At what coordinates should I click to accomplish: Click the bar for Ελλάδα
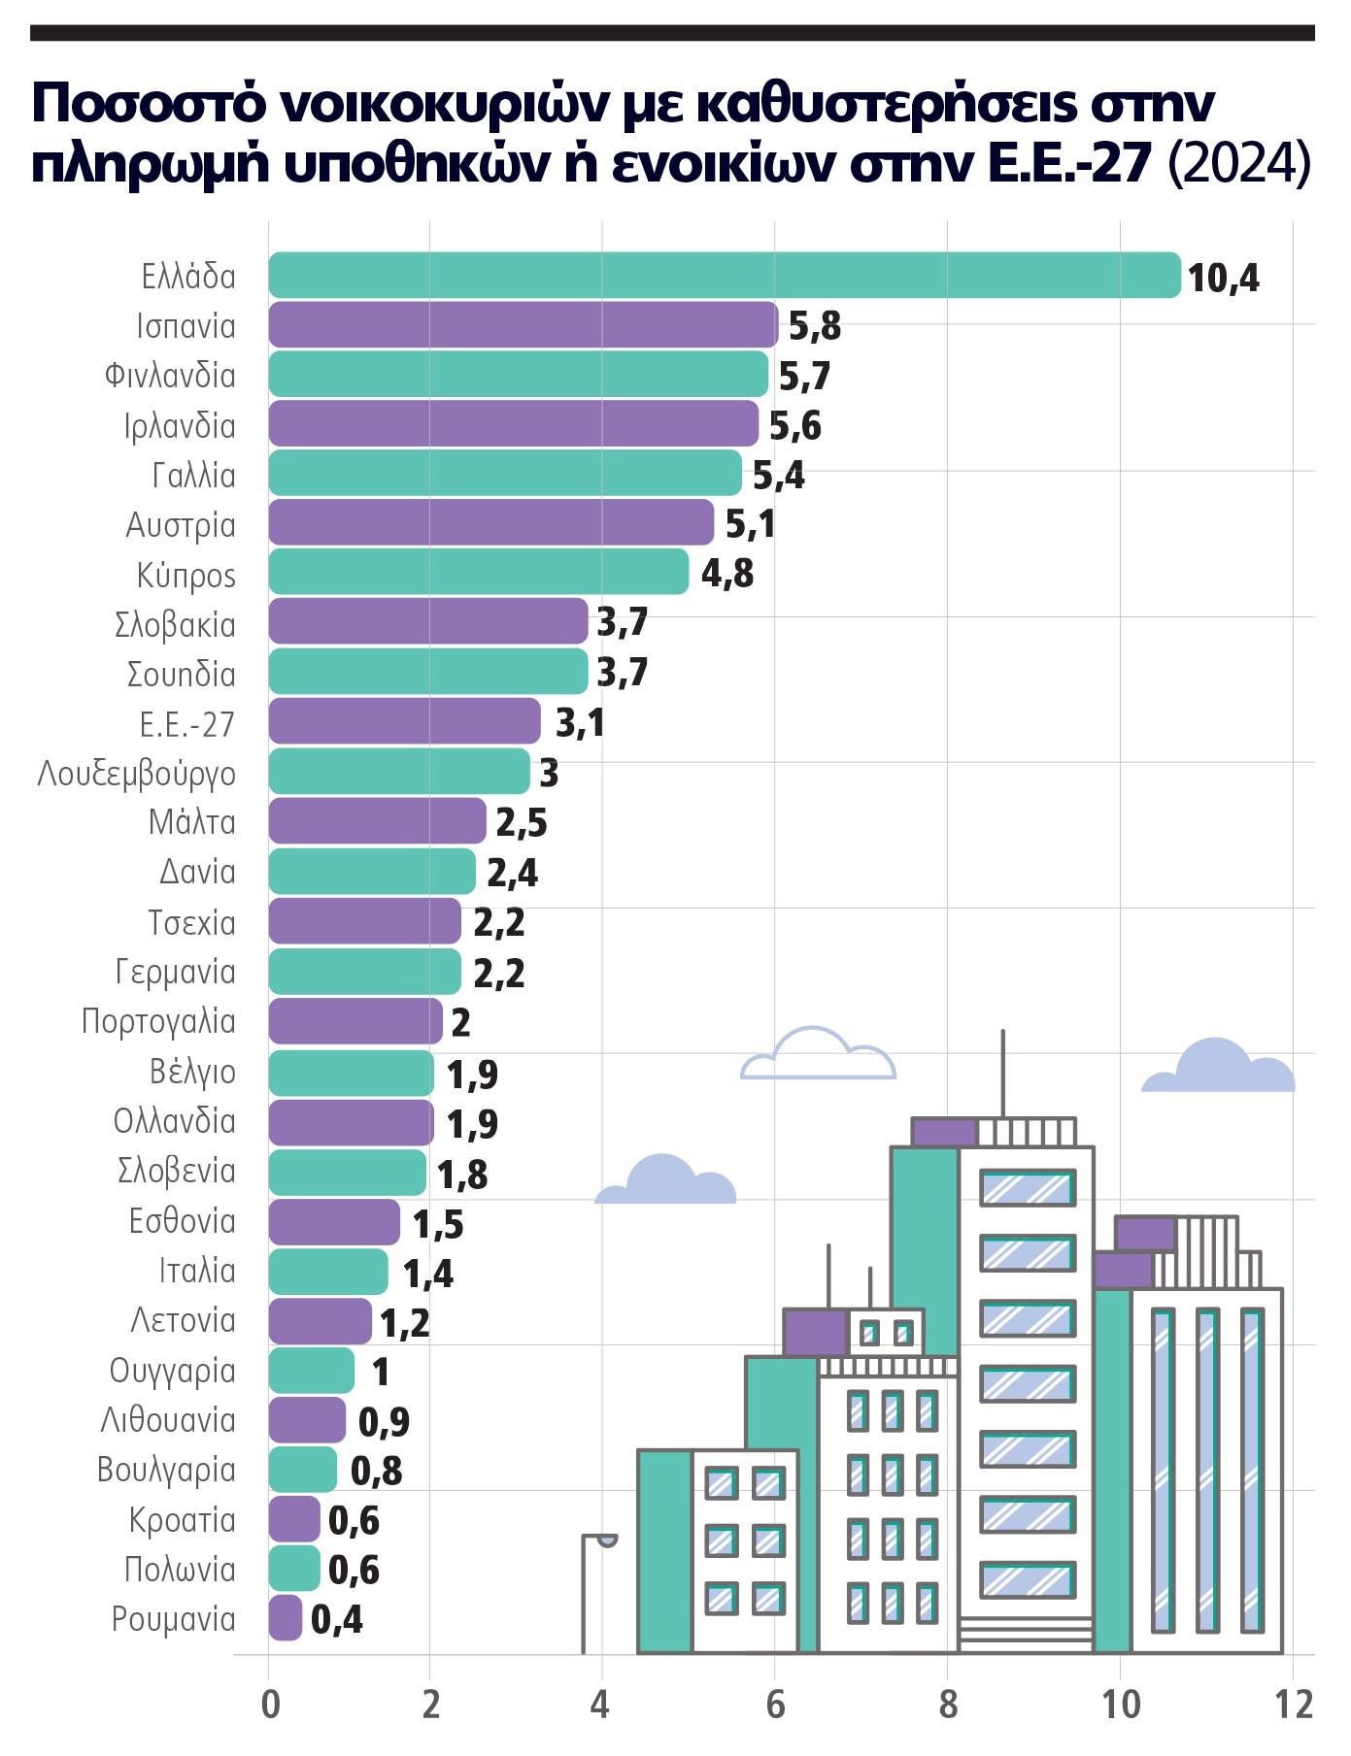point(724,275)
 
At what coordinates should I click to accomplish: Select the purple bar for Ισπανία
point(523,324)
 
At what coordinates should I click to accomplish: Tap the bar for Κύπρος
point(478,572)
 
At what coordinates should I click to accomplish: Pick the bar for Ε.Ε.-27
point(404,721)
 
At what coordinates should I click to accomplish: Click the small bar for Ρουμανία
point(286,1617)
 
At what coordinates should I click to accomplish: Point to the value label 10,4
point(1223,279)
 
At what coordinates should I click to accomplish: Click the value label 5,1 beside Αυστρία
point(750,524)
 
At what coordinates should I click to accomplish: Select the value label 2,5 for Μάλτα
point(522,823)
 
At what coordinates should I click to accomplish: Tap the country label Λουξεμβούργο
point(137,774)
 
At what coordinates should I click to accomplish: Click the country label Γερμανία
point(176,972)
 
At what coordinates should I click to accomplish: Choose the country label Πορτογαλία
point(158,1021)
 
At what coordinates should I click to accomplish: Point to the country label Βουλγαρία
point(166,1470)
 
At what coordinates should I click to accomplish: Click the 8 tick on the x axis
point(948,1706)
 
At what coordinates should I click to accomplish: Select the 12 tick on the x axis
point(1294,1706)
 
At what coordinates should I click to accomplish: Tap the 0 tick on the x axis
point(270,1706)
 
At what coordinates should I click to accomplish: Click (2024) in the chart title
point(1239,162)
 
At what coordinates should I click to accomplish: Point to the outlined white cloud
point(818,1056)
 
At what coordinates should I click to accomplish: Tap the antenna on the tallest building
point(1003,1073)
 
